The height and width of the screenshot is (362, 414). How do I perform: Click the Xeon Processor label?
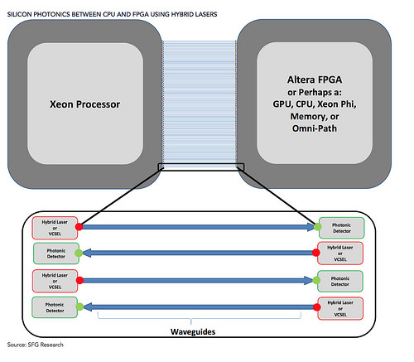84,104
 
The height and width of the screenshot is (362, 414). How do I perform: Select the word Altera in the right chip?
300,80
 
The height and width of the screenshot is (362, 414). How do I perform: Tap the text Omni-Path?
315,128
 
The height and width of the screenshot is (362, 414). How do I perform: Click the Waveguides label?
193,331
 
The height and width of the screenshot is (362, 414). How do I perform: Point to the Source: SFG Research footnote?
36,345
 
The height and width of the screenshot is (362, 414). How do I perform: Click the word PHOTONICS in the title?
51,14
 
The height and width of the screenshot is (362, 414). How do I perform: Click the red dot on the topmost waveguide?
79,227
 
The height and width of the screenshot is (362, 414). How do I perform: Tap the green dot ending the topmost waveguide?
318,227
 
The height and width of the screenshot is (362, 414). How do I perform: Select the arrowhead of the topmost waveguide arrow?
310,227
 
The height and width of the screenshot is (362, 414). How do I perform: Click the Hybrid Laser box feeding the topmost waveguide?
55,228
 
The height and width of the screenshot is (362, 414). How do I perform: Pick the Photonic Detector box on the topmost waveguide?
342,228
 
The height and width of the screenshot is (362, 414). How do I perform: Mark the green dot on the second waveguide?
79,253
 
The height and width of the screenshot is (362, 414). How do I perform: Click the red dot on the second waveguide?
316,253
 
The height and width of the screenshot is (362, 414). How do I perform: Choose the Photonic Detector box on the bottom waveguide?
55,307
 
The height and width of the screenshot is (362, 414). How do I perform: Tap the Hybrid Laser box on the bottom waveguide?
340,308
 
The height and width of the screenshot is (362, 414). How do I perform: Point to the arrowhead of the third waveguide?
309,281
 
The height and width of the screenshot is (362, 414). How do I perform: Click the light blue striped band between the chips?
200,102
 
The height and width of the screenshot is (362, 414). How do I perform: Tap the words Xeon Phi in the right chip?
337,104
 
